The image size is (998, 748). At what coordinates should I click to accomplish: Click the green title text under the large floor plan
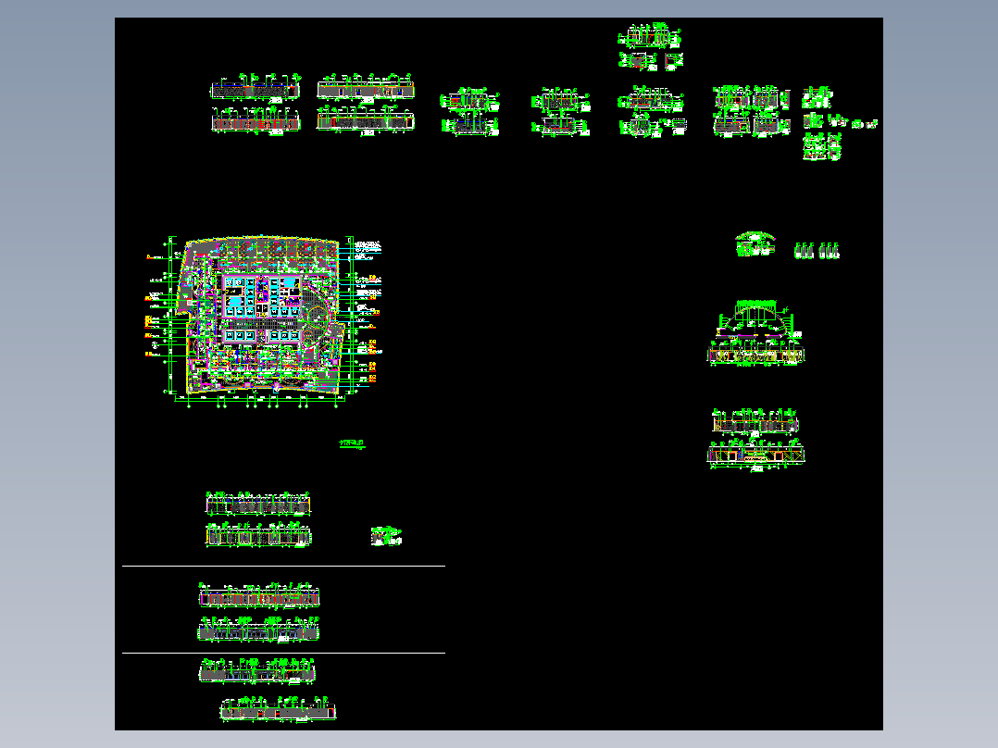tap(353, 445)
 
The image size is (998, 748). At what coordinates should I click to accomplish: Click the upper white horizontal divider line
tap(283, 566)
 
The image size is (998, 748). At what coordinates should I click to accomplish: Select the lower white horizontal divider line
tap(283, 653)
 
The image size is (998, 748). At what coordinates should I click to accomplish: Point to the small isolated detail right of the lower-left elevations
tap(387, 535)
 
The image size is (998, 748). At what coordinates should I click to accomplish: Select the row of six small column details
tap(817, 250)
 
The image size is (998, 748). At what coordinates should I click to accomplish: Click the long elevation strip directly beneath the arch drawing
tap(756, 354)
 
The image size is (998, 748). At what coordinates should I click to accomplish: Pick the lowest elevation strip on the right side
tap(756, 453)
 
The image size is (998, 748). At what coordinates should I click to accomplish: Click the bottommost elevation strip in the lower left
tap(277, 712)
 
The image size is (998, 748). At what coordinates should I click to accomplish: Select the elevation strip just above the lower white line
tap(258, 631)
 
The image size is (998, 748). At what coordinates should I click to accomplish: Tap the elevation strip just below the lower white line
tap(258, 670)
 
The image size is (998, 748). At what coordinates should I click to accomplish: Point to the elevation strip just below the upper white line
tap(260, 597)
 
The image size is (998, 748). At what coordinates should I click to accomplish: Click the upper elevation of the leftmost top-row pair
tap(255, 90)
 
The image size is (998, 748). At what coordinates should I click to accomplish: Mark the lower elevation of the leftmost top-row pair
tap(256, 121)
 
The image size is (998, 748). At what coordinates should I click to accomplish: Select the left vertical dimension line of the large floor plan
tap(168, 315)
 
